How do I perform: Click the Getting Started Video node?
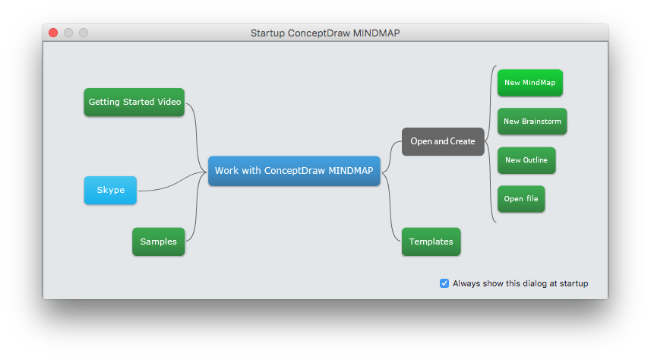[134, 102]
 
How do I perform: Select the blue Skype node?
[110, 190]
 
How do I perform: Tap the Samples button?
[158, 242]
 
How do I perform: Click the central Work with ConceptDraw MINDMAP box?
[294, 171]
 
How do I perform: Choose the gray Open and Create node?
[442, 141]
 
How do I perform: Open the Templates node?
[431, 242]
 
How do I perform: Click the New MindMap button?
[529, 83]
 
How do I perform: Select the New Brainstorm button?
[532, 122]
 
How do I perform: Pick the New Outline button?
[526, 160]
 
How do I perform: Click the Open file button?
[521, 199]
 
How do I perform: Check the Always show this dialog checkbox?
[444, 283]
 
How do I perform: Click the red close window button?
[53, 33]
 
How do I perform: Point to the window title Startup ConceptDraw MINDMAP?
[325, 33]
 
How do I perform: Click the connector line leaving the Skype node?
[163, 187]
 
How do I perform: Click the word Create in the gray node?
[463, 141]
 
